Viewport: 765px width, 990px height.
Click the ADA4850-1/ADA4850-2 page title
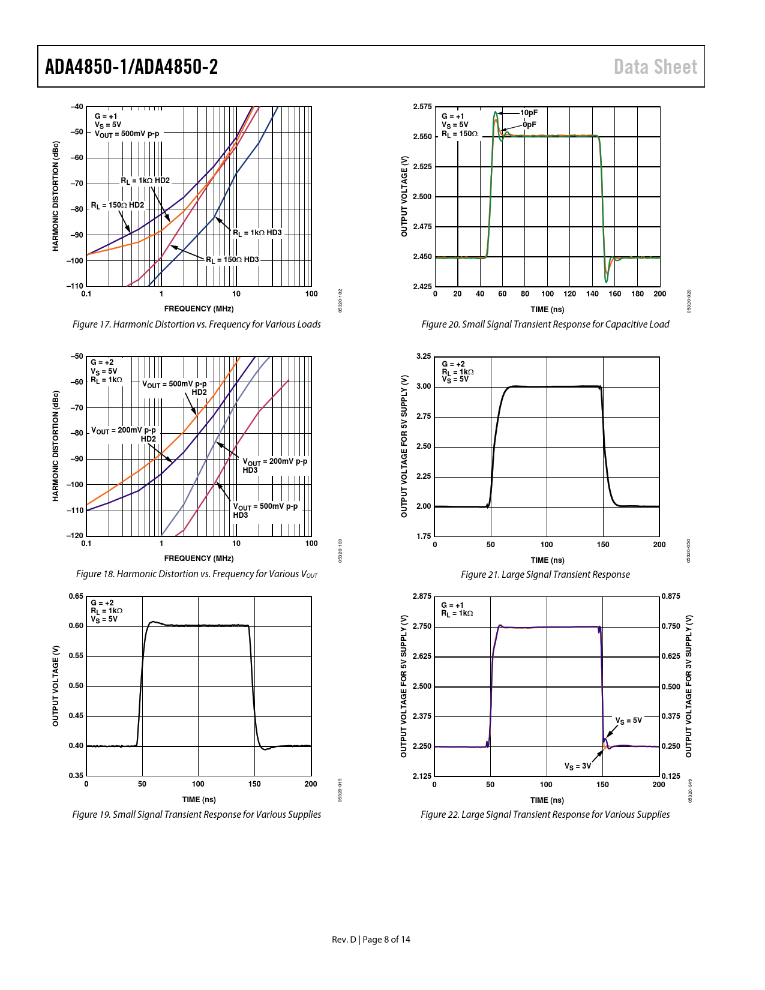[131, 67]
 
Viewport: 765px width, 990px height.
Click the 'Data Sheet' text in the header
[655, 67]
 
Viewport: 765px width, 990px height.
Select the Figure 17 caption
[196, 325]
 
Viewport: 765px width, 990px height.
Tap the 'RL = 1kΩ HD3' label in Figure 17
[257, 233]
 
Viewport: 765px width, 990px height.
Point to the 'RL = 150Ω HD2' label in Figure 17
[118, 205]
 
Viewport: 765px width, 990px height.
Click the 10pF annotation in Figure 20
[529, 113]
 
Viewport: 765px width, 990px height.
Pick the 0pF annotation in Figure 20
[529, 125]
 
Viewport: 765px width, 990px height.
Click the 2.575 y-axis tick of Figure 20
[422, 107]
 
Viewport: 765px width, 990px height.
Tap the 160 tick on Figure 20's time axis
[615, 294]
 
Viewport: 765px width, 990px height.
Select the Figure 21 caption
[545, 575]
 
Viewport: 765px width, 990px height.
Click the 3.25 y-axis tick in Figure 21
[424, 356]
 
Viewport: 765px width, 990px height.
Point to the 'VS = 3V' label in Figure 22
[577, 766]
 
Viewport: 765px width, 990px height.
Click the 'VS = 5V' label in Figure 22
[628, 721]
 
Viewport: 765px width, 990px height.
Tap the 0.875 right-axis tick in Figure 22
[671, 596]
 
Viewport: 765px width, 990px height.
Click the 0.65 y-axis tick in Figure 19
[76, 596]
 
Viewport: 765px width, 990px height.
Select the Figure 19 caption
[196, 815]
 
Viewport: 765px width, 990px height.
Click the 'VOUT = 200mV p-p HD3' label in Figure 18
[274, 466]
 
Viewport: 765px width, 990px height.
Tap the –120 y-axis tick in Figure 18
[75, 536]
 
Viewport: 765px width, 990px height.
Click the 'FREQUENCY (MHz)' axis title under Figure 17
[199, 309]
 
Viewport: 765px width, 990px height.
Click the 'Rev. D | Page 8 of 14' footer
[371, 940]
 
